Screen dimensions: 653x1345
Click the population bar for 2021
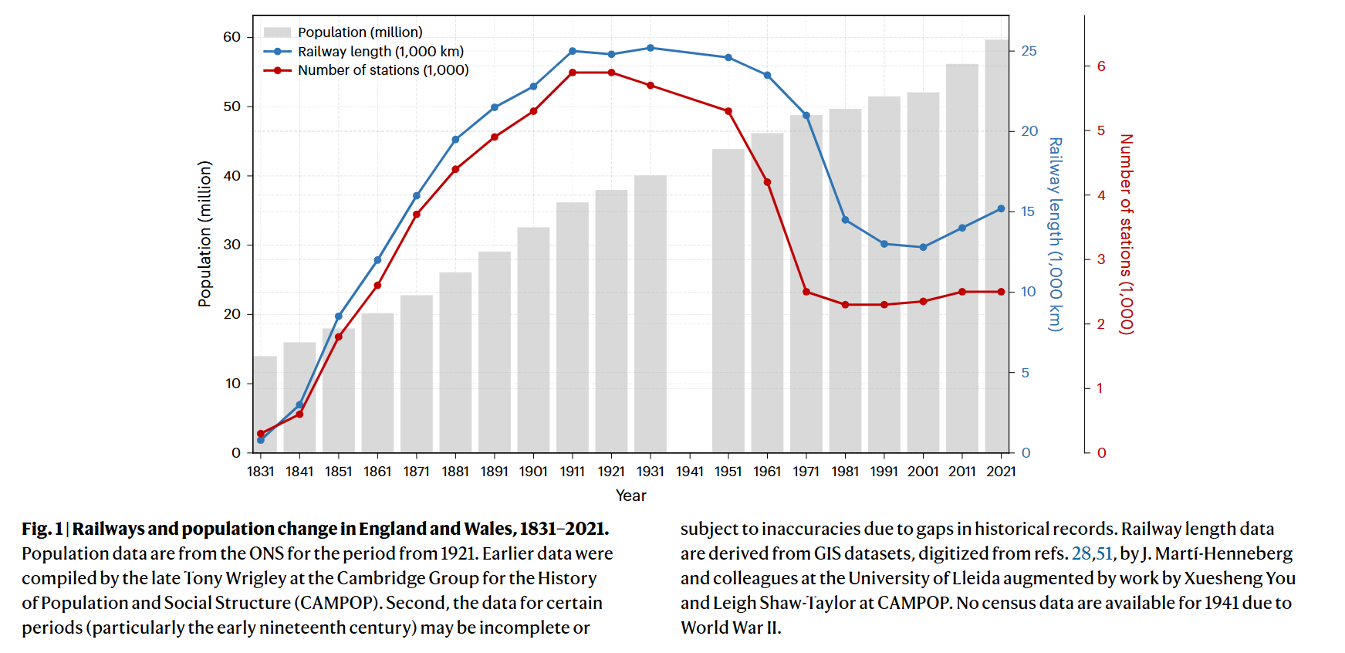(x=1001, y=247)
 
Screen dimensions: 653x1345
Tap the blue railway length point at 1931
(x=651, y=48)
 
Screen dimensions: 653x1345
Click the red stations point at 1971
(x=806, y=292)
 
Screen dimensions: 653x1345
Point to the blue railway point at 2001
(x=923, y=247)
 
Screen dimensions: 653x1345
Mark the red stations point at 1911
(x=573, y=73)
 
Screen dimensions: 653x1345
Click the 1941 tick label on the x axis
(x=689, y=472)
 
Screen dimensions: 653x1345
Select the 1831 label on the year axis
(x=261, y=472)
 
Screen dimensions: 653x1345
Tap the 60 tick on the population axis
(x=232, y=37)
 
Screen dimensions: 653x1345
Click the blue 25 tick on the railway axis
(x=1029, y=51)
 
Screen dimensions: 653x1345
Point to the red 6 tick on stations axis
(x=1101, y=66)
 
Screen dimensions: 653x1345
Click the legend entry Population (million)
(x=360, y=32)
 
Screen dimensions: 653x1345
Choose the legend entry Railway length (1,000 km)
(x=380, y=52)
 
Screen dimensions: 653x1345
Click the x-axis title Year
(x=630, y=496)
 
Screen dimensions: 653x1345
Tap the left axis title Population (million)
(x=204, y=234)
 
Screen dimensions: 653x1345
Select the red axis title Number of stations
(x=1127, y=234)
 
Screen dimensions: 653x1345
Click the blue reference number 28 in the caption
(x=1081, y=553)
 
